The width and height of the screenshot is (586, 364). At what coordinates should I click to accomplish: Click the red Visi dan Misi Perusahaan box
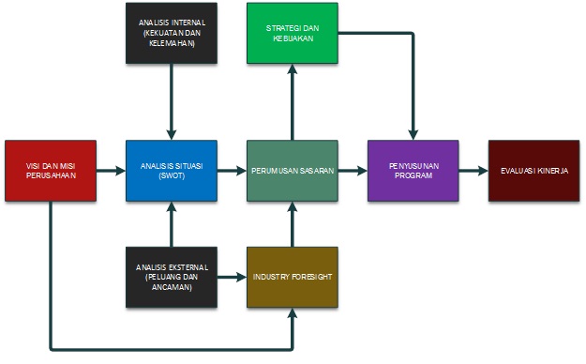(x=50, y=171)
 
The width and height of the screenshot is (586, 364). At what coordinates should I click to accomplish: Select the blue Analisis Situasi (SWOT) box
(x=172, y=171)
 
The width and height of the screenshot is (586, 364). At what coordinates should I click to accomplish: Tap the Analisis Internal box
(x=172, y=32)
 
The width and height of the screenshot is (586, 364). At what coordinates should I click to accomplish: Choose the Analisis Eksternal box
(x=172, y=278)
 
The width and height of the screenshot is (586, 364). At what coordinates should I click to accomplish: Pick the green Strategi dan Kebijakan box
(x=293, y=32)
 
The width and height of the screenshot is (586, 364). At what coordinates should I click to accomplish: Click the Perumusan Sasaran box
(x=293, y=171)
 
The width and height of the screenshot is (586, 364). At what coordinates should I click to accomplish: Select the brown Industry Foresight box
(x=293, y=278)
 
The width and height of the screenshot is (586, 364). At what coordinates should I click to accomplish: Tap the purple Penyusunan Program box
(x=413, y=171)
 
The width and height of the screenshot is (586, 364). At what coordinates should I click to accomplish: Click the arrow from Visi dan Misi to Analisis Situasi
(x=111, y=171)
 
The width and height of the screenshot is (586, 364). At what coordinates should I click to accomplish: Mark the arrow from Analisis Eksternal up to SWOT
(x=172, y=224)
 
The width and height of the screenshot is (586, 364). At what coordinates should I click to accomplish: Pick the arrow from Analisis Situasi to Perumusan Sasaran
(x=232, y=171)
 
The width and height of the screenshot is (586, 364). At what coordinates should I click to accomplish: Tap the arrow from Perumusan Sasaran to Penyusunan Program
(x=353, y=171)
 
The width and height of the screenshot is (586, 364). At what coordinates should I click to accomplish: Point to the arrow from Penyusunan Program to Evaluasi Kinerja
(x=473, y=171)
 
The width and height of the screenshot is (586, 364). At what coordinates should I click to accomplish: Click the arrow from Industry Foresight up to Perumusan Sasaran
(x=293, y=224)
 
